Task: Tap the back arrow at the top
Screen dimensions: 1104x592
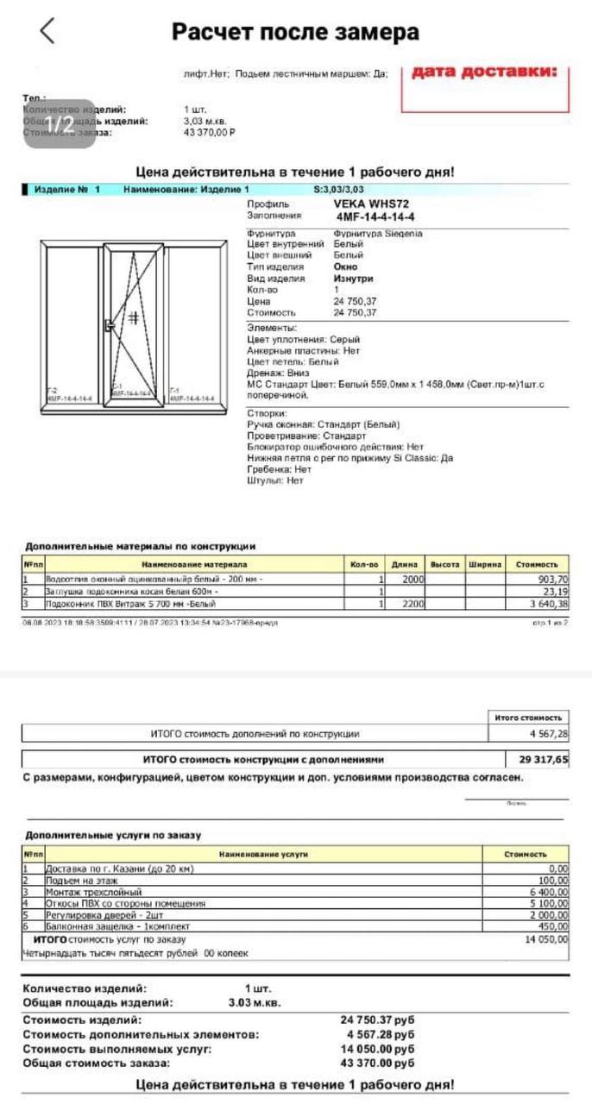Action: pyautogui.click(x=47, y=31)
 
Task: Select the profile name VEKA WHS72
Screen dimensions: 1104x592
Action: pyautogui.click(x=371, y=204)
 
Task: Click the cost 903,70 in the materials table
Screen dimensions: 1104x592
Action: pyautogui.click(x=552, y=580)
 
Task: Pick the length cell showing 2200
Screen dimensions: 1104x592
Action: pyautogui.click(x=412, y=605)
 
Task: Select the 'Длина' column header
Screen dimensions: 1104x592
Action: pyautogui.click(x=404, y=565)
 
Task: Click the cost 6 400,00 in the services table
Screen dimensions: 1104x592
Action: pyautogui.click(x=547, y=892)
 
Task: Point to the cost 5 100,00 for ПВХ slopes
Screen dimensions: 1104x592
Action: pyautogui.click(x=547, y=904)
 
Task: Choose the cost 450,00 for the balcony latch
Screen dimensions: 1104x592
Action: pyautogui.click(x=551, y=926)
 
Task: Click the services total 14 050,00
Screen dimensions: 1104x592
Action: pyautogui.click(x=546, y=939)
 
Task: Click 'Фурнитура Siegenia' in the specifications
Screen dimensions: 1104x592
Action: pyautogui.click(x=378, y=234)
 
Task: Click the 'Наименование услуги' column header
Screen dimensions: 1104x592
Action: pyautogui.click(x=263, y=854)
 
